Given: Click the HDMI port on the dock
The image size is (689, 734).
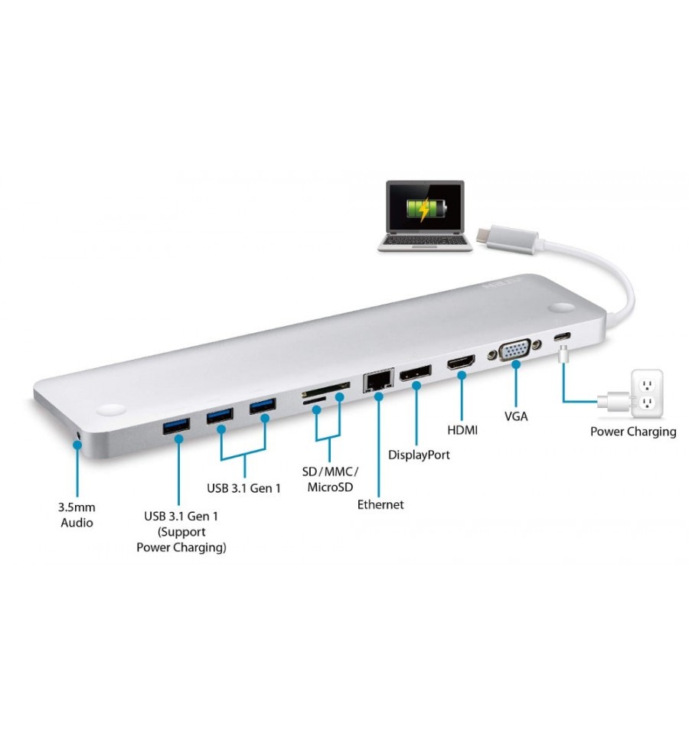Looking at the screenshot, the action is coord(461,362).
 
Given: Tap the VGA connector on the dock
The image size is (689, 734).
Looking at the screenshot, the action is coord(515,350).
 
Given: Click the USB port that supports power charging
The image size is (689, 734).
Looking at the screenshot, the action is coord(176,426).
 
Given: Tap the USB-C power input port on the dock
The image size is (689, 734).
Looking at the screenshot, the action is coord(563,336).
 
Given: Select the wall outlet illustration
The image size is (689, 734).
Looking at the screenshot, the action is coord(647,393).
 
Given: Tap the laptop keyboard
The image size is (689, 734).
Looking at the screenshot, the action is coord(425,240).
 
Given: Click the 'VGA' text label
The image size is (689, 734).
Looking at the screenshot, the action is coord(516,416).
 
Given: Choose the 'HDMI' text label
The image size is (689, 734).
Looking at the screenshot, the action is coord(462,429).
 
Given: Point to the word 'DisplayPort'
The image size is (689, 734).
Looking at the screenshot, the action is coord(419,455).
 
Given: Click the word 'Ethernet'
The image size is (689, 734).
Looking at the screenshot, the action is coord(380,504).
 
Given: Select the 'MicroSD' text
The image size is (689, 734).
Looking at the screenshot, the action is coord(330,487).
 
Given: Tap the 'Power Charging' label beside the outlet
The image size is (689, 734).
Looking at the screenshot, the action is coord(633,432).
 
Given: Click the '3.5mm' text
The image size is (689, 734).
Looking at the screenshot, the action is coord(77,507).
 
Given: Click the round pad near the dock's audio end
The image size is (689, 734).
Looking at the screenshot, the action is coord(112,410).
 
